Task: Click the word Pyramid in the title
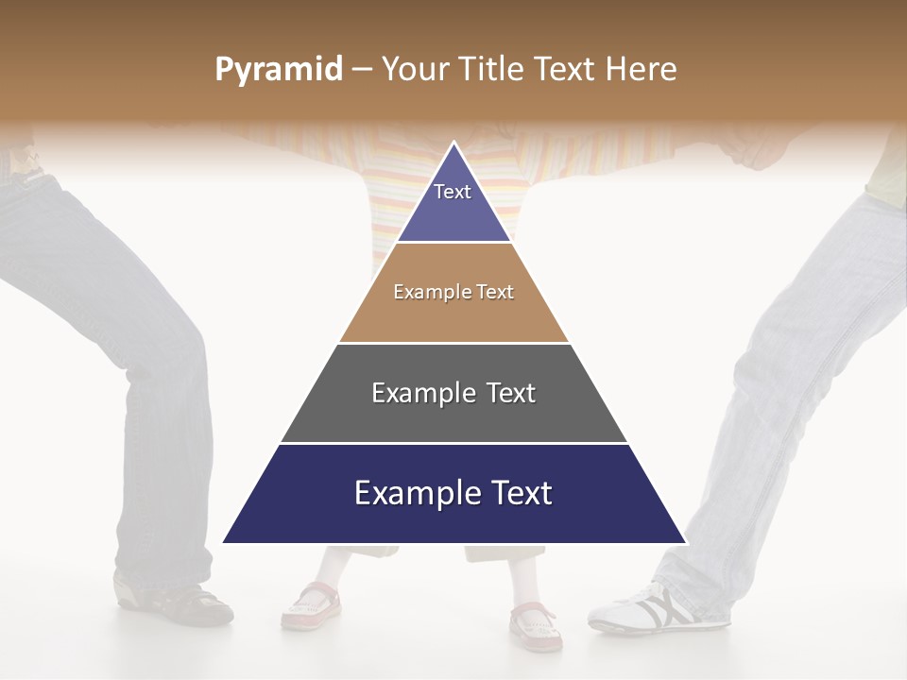pos(278,70)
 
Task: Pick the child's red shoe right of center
pos(536,624)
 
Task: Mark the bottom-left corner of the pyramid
pos(224,542)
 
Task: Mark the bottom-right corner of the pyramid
pos(685,542)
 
